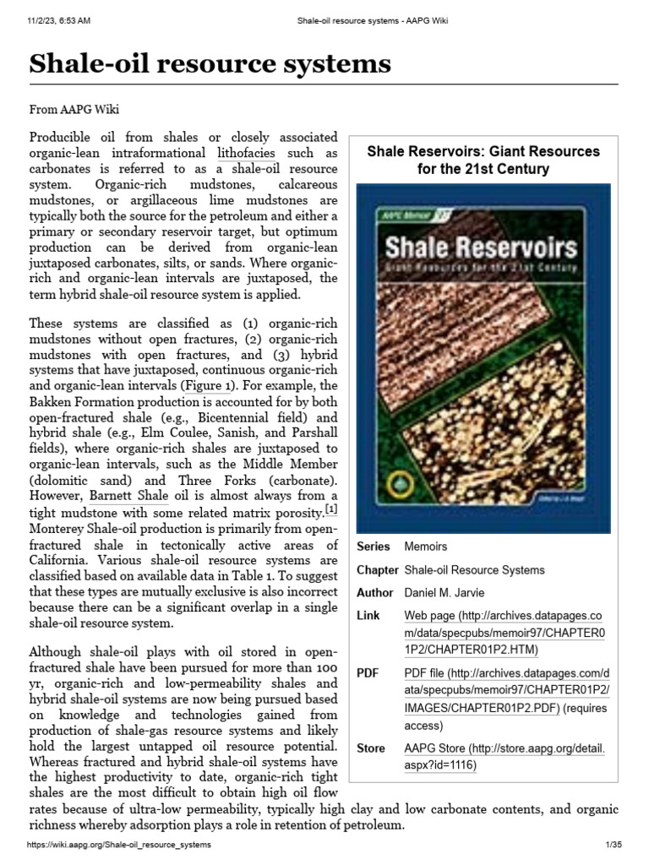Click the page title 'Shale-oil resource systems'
coord(210,63)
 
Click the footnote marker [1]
coord(332,509)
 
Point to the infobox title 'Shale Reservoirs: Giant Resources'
coord(483,152)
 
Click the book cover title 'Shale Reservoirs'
coord(482,247)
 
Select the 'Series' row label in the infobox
coord(374,547)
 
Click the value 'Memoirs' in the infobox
coord(426,547)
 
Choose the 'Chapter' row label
coord(377,569)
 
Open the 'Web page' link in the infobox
coord(426,616)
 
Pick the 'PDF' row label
coord(368,673)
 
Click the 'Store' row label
coord(371,748)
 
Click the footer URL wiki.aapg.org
coord(119,845)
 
